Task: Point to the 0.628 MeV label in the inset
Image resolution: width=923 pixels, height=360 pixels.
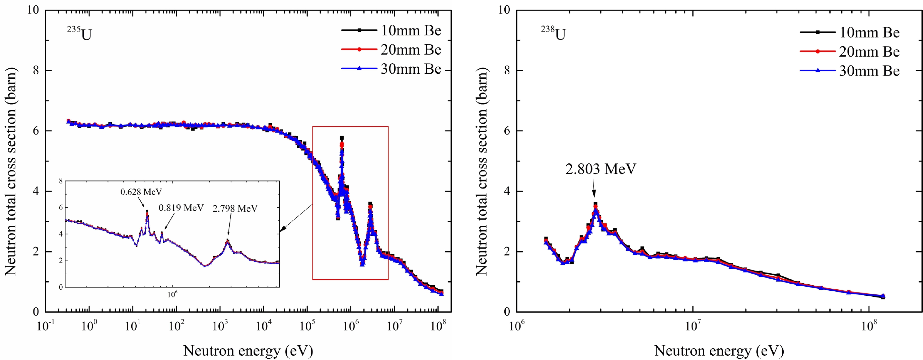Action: click(x=141, y=192)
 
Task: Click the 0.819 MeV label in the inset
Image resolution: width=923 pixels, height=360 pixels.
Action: click(x=181, y=208)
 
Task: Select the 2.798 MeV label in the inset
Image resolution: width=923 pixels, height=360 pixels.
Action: click(x=235, y=209)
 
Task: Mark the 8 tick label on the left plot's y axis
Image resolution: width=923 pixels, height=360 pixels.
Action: click(x=35, y=70)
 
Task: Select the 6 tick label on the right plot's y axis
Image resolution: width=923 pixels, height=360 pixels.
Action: click(x=506, y=131)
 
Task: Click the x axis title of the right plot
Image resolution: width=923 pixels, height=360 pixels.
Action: click(x=719, y=351)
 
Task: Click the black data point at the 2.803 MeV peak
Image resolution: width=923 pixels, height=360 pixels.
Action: click(x=595, y=204)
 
